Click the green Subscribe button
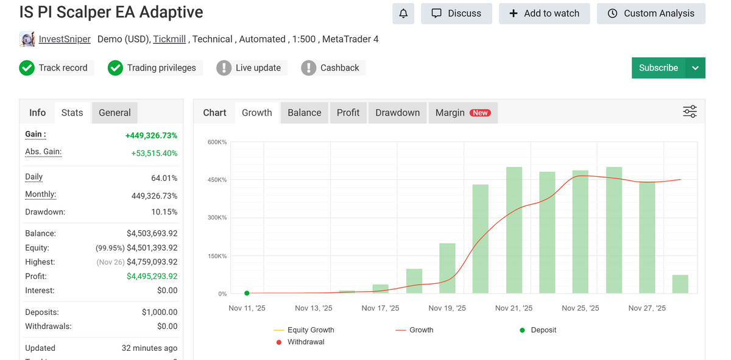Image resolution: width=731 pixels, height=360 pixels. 659,68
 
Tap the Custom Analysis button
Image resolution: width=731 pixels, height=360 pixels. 651,13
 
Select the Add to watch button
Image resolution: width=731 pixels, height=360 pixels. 544,13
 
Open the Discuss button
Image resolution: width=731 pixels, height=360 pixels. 456,13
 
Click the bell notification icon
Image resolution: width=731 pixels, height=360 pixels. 403,13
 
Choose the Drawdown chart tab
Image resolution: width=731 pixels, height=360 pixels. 397,113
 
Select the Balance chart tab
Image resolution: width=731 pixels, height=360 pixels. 304,113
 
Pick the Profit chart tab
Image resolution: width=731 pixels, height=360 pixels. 348,113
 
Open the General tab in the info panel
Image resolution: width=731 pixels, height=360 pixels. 115,113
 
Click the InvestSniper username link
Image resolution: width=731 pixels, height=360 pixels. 65,39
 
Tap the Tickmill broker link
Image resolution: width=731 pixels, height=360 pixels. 169,39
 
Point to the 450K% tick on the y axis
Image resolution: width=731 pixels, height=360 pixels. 217,180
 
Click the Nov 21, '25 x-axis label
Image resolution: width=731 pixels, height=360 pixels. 514,308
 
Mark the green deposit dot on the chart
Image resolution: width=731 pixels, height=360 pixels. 247,293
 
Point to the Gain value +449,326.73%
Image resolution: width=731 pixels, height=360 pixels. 151,135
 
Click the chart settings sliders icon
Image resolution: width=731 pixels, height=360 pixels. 690,112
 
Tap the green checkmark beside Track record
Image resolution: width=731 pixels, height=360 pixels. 27,68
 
